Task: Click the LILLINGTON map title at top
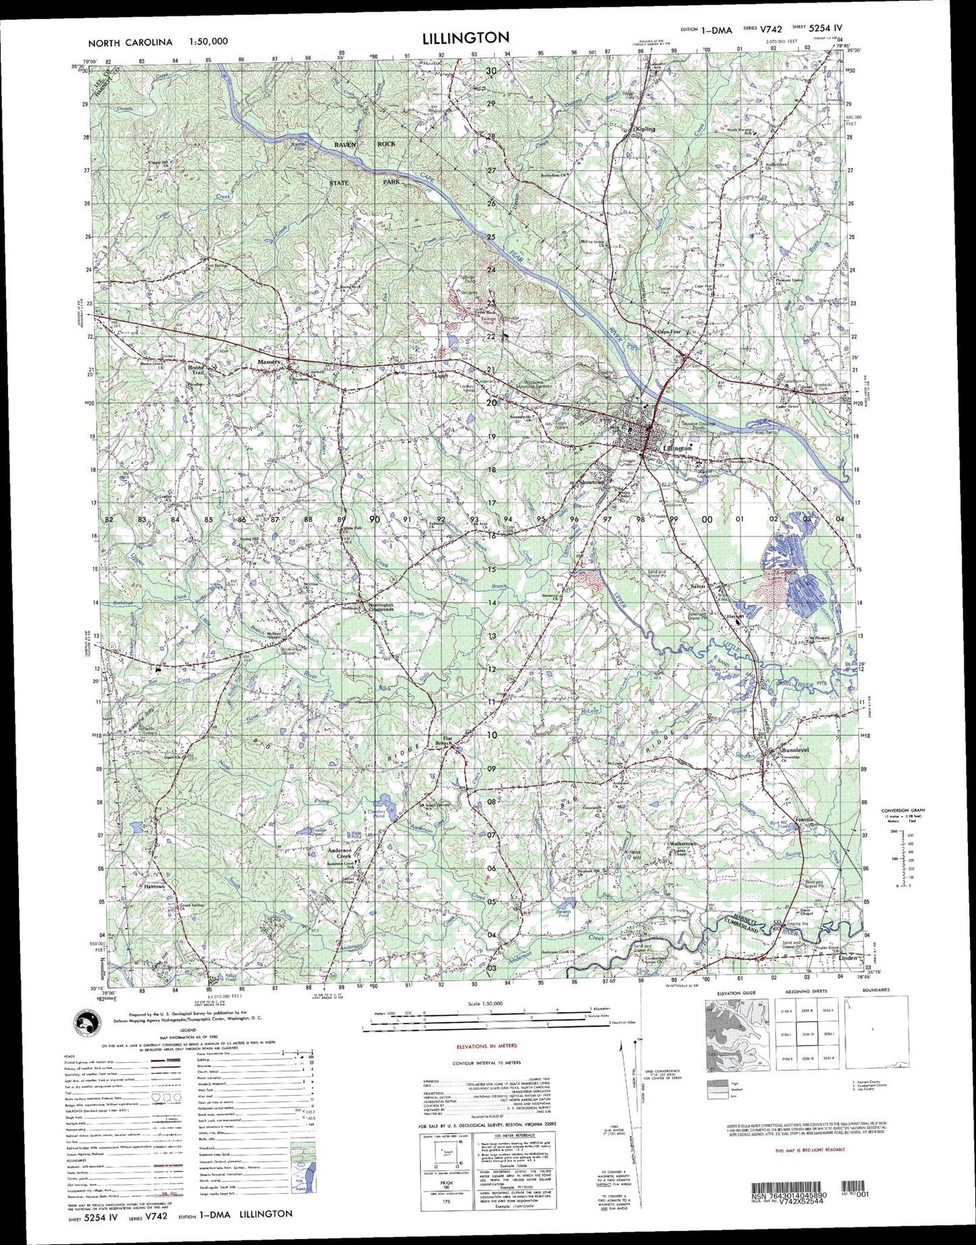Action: point(465,38)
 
